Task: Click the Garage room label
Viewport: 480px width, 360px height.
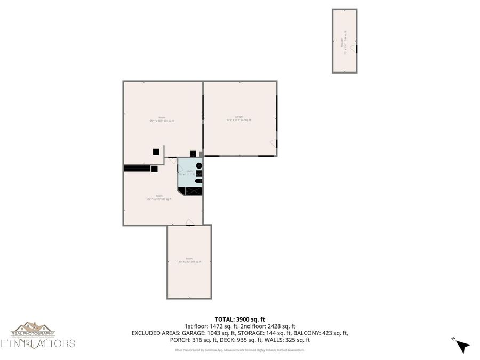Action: pos(238,118)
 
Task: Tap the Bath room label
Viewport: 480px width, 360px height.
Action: pos(189,172)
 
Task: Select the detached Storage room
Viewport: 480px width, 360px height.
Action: pos(345,41)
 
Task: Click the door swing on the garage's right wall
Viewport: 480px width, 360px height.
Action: pos(273,143)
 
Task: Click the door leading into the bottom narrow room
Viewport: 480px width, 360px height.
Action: pos(189,222)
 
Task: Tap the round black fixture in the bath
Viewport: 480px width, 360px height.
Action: pos(199,166)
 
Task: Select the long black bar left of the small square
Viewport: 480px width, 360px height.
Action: pos(137,168)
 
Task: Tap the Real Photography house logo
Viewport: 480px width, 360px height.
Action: pos(33,329)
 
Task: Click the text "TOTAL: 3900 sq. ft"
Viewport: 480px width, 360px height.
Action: pos(239,318)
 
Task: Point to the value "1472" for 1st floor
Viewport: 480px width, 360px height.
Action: pos(214,326)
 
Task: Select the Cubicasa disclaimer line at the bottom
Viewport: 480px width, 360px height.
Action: pos(239,350)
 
